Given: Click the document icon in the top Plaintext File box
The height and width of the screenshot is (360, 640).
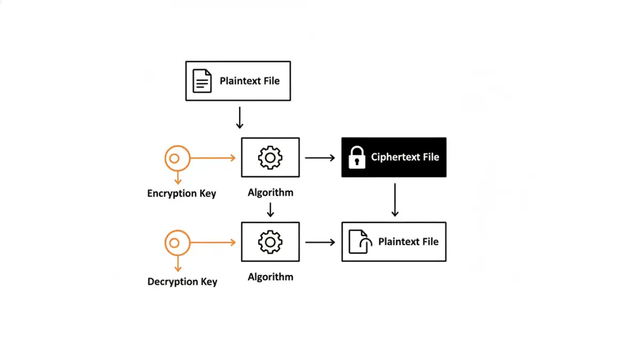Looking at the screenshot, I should [202, 81].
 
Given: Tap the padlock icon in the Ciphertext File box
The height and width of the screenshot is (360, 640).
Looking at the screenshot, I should [356, 157].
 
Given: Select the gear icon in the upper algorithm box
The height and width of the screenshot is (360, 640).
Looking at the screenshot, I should [270, 157].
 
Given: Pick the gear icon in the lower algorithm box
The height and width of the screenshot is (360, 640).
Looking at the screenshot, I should [270, 242].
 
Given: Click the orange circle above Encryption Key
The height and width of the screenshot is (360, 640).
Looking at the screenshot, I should [177, 158].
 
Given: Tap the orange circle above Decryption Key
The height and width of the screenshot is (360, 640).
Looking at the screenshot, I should [177, 243].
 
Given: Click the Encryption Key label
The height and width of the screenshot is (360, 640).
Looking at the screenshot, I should [181, 194].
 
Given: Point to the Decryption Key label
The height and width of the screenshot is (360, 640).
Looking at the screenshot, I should [182, 282].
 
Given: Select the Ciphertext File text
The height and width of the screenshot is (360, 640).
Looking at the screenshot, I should [405, 157].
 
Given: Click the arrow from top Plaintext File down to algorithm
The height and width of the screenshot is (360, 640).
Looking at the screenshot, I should [239, 117].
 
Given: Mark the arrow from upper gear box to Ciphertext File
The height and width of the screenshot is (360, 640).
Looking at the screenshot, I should [319, 158].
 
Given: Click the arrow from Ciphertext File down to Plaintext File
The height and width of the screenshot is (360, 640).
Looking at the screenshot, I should [394, 200].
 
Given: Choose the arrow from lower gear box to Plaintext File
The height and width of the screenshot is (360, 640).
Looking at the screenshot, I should [319, 242].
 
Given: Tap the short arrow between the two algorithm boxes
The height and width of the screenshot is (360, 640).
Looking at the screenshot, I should [270, 209].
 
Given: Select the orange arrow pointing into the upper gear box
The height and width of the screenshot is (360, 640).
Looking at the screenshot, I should [213, 158].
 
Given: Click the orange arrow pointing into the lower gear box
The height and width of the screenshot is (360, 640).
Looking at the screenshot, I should [213, 243].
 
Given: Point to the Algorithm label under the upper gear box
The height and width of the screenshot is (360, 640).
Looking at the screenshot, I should [270, 193].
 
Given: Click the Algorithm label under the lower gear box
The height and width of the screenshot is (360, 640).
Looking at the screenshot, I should [270, 277].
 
